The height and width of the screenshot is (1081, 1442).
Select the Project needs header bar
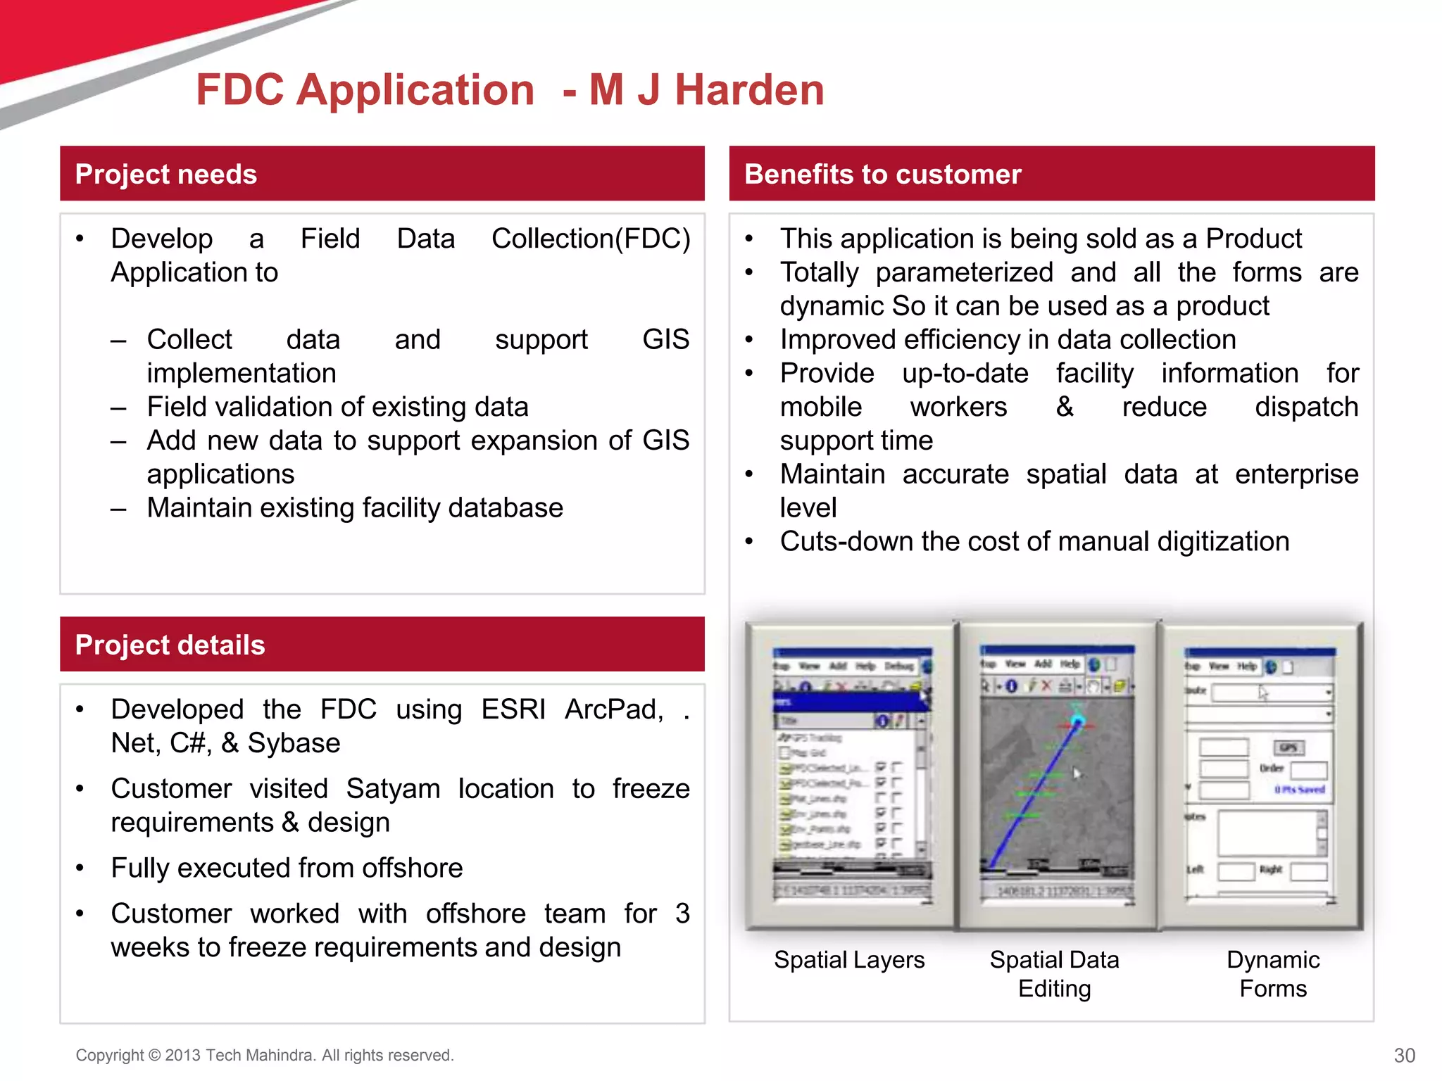[x=382, y=174]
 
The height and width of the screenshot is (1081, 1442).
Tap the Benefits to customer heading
[x=882, y=174]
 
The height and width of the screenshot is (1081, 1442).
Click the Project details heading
[x=170, y=645]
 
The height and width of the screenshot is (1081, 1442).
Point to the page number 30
[x=1404, y=1055]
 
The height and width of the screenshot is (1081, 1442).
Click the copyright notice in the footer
[x=265, y=1055]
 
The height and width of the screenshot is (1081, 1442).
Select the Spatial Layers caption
[x=849, y=960]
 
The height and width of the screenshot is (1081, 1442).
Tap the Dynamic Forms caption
[x=1273, y=974]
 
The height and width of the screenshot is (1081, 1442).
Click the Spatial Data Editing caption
[x=1054, y=974]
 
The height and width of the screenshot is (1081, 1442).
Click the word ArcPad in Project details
[x=613, y=709]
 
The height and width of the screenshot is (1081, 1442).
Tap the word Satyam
[x=393, y=789]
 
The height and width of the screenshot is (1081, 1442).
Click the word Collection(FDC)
[x=591, y=239]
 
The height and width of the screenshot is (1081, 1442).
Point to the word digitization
[x=1223, y=541]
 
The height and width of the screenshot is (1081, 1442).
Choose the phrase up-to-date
[x=965, y=373]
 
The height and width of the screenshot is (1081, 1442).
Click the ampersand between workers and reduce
[x=1065, y=407]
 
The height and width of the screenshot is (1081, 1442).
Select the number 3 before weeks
[x=682, y=914]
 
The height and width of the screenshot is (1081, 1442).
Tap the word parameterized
[x=964, y=272]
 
